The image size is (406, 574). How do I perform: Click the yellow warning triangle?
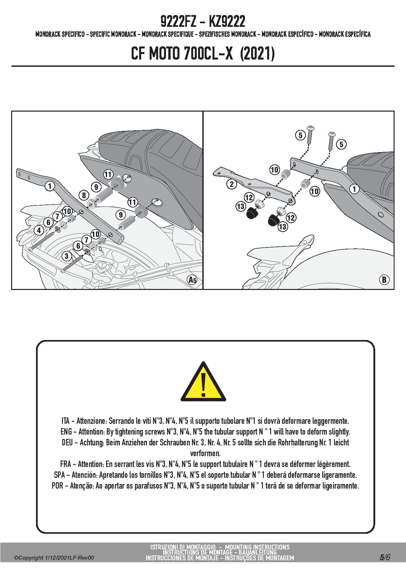(203, 383)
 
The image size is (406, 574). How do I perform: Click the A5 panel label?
(193, 280)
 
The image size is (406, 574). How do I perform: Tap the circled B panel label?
(384, 279)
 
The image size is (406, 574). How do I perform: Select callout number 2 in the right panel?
(231, 184)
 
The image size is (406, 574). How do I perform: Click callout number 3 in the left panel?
(67, 256)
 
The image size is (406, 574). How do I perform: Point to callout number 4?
(39, 230)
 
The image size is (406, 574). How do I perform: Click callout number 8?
(84, 195)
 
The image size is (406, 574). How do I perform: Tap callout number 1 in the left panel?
(49, 186)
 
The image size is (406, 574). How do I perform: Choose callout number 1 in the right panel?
(354, 189)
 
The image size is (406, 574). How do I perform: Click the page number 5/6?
(385, 557)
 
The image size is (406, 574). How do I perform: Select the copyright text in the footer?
(54, 558)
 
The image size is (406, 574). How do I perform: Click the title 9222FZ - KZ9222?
(203, 22)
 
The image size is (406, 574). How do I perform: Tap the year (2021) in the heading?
(257, 53)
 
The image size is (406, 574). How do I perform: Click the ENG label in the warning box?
(66, 432)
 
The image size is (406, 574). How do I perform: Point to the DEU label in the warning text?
(67, 442)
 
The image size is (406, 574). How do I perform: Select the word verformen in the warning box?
(205, 453)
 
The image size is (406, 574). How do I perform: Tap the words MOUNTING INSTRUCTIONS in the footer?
(257, 547)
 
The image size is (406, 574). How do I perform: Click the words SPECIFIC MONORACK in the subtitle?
(113, 34)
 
